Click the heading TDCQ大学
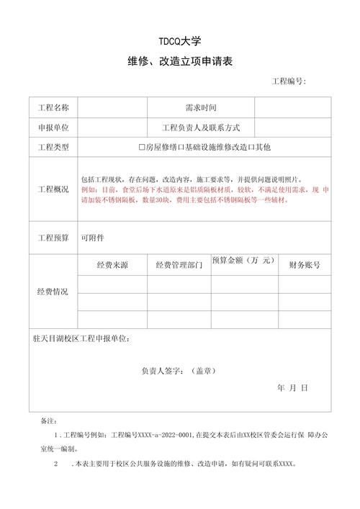pyautogui.click(x=180, y=42)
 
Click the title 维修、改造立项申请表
pyautogui.click(x=180, y=63)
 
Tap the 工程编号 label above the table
pyautogui.click(x=288, y=81)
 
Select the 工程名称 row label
pyautogui.click(x=53, y=108)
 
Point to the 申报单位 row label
pyautogui.click(x=53, y=127)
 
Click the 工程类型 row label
pyautogui.click(x=53, y=148)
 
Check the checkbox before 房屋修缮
pyautogui.click(x=142, y=148)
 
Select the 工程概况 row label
pyautogui.click(x=53, y=189)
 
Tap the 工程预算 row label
pyautogui.click(x=53, y=237)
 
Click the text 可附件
pyautogui.click(x=92, y=237)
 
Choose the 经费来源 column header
pyautogui.click(x=112, y=266)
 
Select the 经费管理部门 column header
pyautogui.click(x=179, y=266)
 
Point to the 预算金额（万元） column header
pyautogui.click(x=243, y=260)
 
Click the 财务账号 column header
pyautogui.click(x=304, y=265)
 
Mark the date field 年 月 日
pyautogui.click(x=292, y=387)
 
